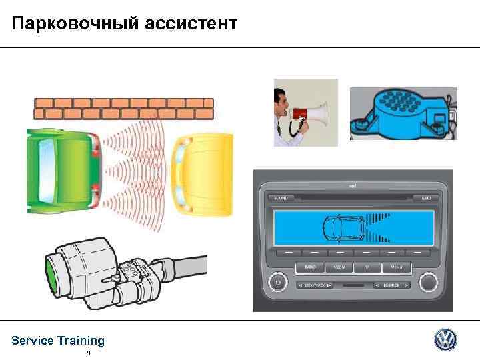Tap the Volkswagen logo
click(x=446, y=340)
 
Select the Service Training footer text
click(x=58, y=341)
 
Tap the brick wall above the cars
click(x=124, y=105)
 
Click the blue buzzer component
click(x=402, y=114)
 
